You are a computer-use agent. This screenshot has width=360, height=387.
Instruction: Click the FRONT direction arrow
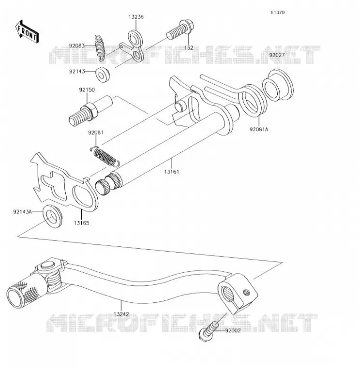(27, 32)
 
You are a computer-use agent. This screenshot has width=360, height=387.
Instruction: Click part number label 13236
(136, 17)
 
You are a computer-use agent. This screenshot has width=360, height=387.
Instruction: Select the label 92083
(77, 45)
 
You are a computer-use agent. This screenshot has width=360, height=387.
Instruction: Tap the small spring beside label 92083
(100, 48)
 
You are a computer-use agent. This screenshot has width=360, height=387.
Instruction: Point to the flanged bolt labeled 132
(180, 30)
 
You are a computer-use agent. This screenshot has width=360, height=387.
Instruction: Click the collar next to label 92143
(103, 74)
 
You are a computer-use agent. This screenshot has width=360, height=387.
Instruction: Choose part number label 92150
(87, 90)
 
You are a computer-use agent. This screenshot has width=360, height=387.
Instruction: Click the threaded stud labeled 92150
(90, 110)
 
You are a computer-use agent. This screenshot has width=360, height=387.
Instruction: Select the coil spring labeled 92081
(105, 157)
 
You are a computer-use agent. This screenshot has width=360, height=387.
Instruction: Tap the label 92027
(277, 55)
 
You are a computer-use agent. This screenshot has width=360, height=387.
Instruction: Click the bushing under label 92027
(278, 86)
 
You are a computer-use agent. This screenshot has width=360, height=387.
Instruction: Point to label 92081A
(259, 129)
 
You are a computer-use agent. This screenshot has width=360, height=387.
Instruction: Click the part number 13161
(172, 172)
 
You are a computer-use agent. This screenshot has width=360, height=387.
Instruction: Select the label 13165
(81, 223)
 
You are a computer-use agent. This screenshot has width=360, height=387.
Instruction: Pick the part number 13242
(121, 314)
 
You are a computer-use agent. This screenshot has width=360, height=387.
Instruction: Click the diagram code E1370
(278, 13)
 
